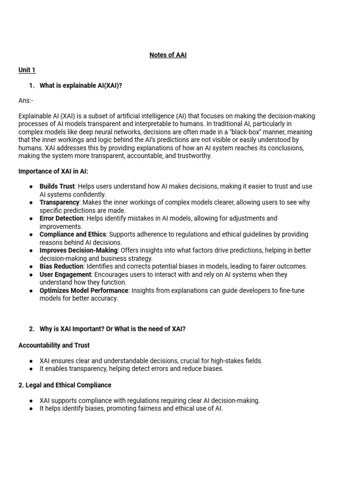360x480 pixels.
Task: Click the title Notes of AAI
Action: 168,55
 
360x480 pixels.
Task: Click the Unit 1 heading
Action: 27,70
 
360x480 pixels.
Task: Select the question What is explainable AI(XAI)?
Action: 81,85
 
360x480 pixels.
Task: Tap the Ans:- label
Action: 26,100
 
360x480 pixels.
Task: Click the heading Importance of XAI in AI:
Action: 53,171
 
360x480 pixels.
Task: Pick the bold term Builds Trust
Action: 57,186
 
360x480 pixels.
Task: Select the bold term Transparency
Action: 59,202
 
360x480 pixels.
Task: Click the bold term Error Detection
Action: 61,218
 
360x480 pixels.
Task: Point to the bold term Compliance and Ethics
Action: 73,234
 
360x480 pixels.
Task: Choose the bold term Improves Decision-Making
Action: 78,250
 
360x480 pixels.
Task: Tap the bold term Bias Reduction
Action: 61,266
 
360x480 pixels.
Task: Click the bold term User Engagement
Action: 65,275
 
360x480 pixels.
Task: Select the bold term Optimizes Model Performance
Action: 83,291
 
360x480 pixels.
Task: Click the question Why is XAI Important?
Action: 72,329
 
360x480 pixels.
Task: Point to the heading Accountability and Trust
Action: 54,345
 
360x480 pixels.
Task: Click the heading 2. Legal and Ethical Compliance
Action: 65,385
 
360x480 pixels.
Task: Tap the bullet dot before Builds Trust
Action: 30,187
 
